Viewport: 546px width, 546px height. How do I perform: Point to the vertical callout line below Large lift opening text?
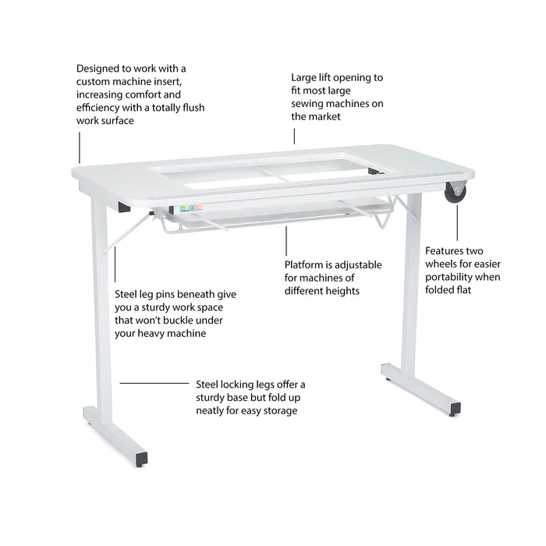click(x=294, y=136)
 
